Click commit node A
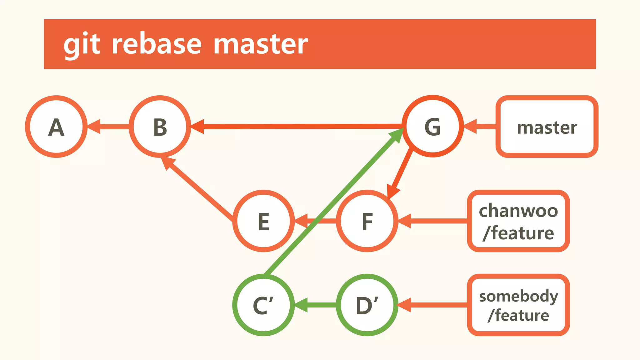pyautogui.click(x=56, y=127)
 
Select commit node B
pyautogui.click(x=160, y=127)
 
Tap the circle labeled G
pyautogui.click(x=433, y=126)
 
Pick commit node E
pyautogui.click(x=264, y=221)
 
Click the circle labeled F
pyautogui.click(x=367, y=221)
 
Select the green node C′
pyautogui.click(x=263, y=305)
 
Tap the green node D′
pyautogui.click(x=367, y=305)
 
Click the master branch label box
pyautogui.click(x=547, y=127)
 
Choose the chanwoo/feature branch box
pyautogui.click(x=518, y=221)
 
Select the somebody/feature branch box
pyautogui.click(x=518, y=305)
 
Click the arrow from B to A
pyautogui.click(x=109, y=127)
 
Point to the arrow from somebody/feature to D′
pyautogui.click(x=434, y=305)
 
